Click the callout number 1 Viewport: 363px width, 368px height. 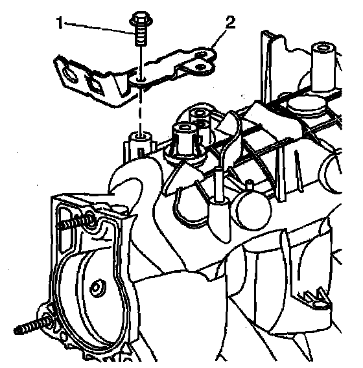click(60, 23)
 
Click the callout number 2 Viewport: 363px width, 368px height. click(229, 22)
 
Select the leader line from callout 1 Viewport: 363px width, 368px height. click(98, 28)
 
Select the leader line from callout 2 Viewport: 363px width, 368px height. click(218, 38)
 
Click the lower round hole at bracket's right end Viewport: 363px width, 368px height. click(200, 67)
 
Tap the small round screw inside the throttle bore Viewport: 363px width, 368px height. click(97, 288)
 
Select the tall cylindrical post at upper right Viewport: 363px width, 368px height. click(324, 67)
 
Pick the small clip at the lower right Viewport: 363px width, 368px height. click(314, 299)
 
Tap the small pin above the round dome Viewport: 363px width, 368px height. click(250, 185)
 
